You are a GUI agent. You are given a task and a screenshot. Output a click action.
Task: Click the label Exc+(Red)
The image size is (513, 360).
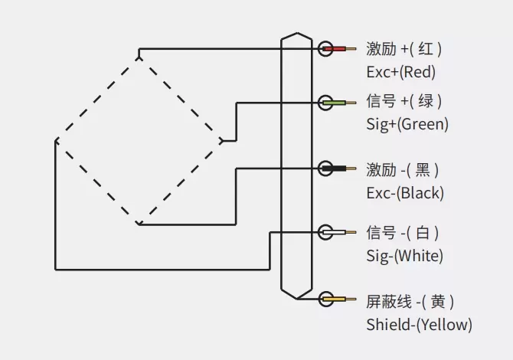tap(400, 73)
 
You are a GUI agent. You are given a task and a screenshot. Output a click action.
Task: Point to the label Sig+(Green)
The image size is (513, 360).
tap(407, 124)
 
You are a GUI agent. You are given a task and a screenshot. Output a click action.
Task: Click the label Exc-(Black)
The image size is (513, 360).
tap(405, 192)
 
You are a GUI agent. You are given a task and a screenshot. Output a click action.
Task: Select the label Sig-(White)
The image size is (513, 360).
tap(404, 255)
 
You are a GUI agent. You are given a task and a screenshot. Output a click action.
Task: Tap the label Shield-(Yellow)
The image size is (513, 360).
tap(419, 324)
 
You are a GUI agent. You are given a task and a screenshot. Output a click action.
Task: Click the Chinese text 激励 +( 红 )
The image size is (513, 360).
tap(404, 50)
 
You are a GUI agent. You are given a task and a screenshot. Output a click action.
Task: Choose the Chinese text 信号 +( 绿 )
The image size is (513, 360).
tap(404, 101)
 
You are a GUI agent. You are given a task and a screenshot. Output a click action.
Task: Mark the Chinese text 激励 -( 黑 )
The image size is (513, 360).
tap(404, 169)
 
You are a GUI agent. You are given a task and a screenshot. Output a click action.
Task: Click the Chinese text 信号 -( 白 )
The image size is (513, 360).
tap(404, 232)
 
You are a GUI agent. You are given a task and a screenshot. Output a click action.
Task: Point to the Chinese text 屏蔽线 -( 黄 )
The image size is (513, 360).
tap(410, 301)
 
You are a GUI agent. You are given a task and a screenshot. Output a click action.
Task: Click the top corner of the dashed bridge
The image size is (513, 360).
tap(139, 55)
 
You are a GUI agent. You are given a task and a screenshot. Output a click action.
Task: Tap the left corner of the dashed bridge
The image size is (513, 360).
tap(56, 141)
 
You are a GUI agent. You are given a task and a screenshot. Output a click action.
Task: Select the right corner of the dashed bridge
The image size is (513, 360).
tap(221, 140)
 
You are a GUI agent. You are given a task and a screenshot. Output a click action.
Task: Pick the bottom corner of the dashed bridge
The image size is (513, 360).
tap(139, 224)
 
